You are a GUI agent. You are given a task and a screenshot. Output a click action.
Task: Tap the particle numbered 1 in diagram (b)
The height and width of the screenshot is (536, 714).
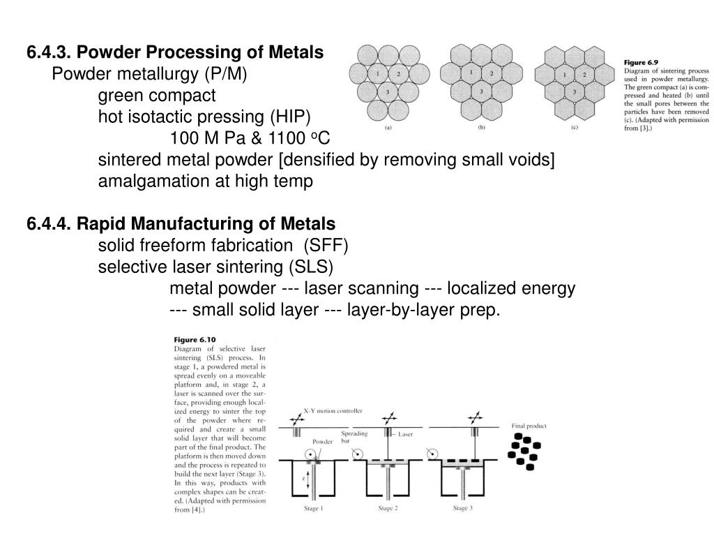(471, 73)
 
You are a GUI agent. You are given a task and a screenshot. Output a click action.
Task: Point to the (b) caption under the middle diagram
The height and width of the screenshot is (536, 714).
(481, 128)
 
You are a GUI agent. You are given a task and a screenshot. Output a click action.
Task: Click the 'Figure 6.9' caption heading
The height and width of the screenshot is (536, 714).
(644, 62)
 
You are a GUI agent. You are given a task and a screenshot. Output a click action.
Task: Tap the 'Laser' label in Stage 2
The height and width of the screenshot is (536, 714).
(406, 434)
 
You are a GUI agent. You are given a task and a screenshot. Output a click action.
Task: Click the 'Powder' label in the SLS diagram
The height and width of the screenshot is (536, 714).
(322, 441)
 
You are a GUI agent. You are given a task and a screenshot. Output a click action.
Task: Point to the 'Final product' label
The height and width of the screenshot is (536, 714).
(529, 426)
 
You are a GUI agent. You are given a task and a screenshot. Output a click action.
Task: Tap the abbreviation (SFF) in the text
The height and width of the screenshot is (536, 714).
(323, 246)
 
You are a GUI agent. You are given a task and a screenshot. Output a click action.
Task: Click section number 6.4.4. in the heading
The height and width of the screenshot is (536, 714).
(50, 224)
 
